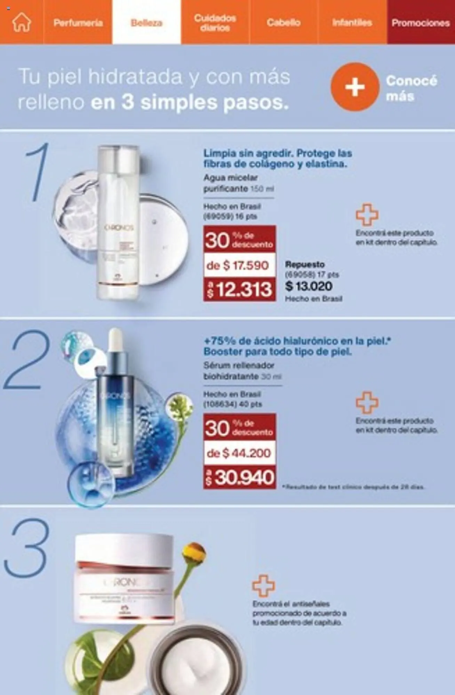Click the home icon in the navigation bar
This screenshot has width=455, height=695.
click(22, 22)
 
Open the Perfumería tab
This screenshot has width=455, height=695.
click(78, 23)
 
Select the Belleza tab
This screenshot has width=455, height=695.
click(146, 23)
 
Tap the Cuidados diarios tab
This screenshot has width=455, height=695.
click(215, 23)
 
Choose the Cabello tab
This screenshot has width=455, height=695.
click(284, 23)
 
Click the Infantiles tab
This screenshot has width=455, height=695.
click(352, 23)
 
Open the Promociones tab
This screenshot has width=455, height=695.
click(421, 23)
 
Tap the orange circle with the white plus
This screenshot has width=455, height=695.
click(354, 87)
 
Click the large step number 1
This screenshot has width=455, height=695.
click(38, 172)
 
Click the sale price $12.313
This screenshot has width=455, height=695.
click(240, 289)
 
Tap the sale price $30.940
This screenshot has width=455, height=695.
click(240, 477)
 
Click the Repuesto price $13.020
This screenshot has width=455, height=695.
click(309, 286)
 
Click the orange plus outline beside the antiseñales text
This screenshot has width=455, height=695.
click(263, 586)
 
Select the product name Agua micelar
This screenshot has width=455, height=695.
click(230, 178)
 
